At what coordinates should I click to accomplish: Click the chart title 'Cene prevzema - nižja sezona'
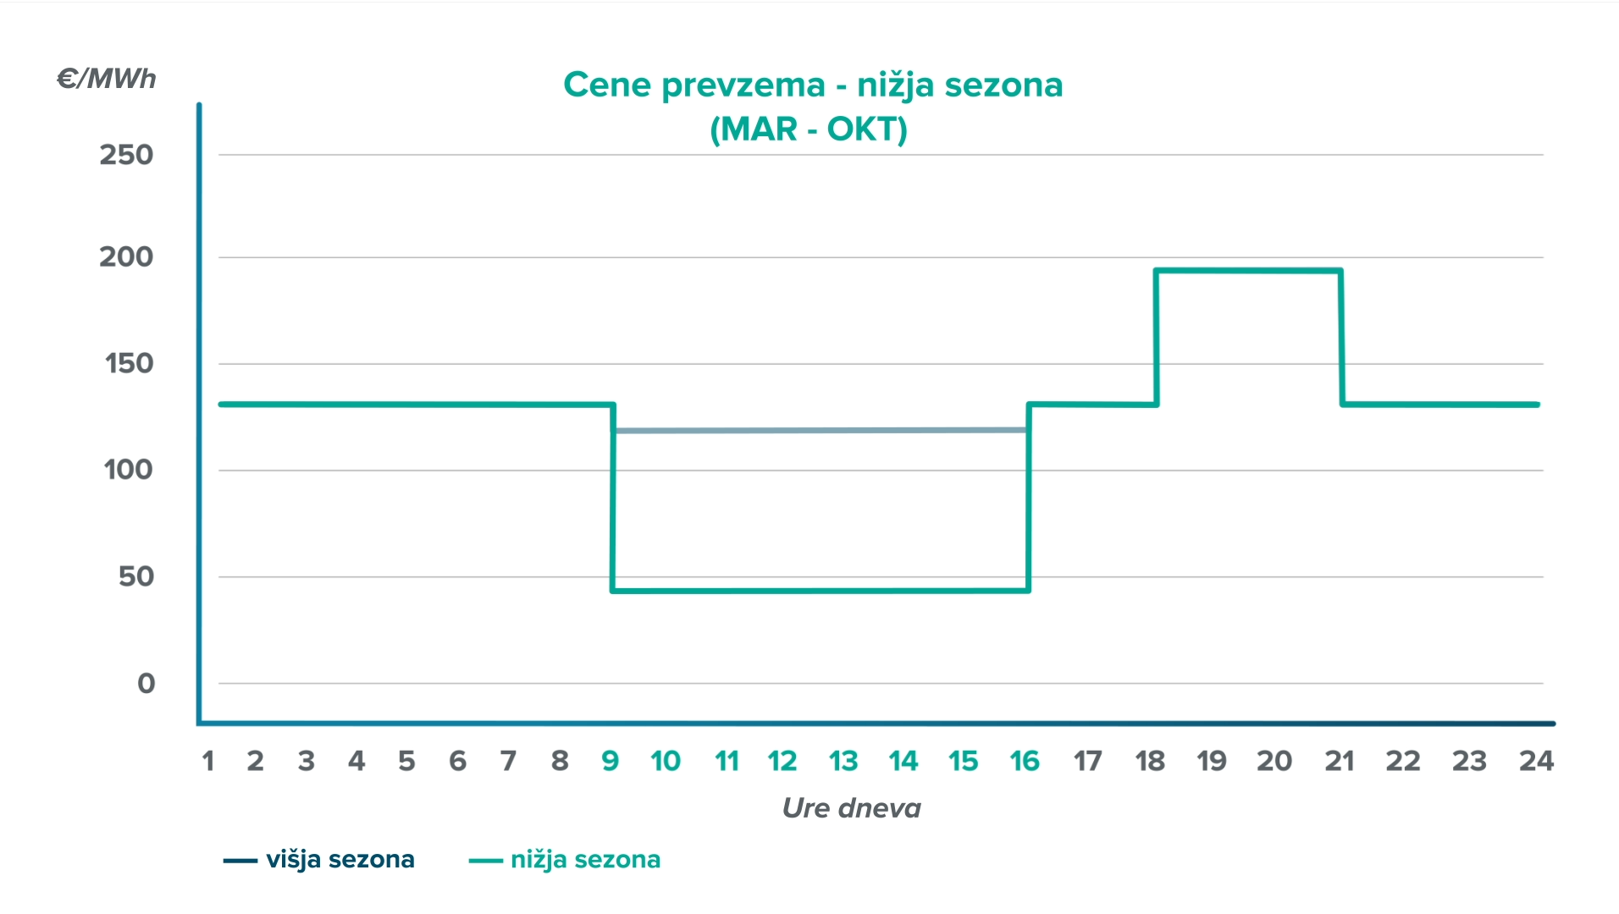[x=812, y=85]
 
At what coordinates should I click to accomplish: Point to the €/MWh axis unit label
[x=107, y=79]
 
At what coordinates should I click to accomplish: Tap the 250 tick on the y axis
[x=126, y=155]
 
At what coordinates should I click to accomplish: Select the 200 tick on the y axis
[x=126, y=257]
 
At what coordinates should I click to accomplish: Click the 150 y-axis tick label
[x=129, y=364]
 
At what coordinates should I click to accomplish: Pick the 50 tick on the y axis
[x=135, y=577]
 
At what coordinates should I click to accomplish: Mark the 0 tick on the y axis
[x=146, y=684]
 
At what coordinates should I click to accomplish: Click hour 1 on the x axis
[x=208, y=762]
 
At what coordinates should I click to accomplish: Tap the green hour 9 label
[x=611, y=762]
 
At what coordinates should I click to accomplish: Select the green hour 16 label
[x=1025, y=762]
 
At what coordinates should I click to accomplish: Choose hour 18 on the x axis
[x=1150, y=762]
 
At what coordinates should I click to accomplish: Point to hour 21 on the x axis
[x=1340, y=762]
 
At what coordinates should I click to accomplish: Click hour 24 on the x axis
[x=1536, y=762]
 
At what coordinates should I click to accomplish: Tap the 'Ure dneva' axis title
[x=851, y=808]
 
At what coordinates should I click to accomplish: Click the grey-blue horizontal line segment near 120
[x=820, y=431]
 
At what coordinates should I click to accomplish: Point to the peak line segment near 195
[x=1248, y=271]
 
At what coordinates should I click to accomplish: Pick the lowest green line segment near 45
[x=820, y=591]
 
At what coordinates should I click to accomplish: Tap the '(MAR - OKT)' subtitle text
[x=809, y=129]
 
